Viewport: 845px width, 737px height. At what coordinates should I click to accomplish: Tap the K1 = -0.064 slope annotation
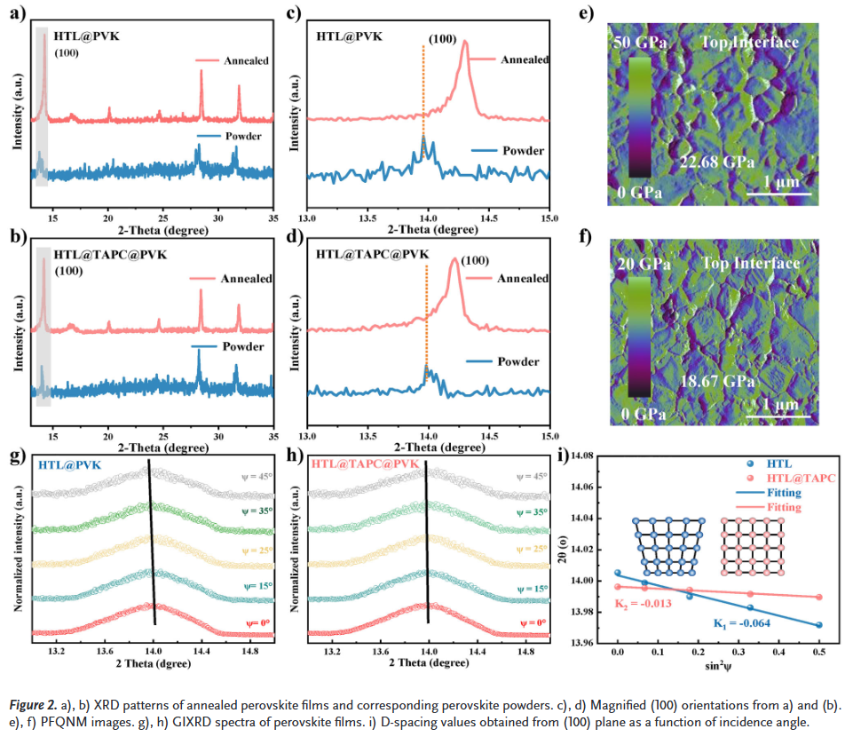(742, 622)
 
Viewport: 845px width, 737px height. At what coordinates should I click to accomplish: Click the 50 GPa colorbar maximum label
(637, 44)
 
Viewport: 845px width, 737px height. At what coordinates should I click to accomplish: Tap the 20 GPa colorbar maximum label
(637, 264)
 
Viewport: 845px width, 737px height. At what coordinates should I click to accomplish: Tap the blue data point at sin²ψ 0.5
(818, 625)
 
